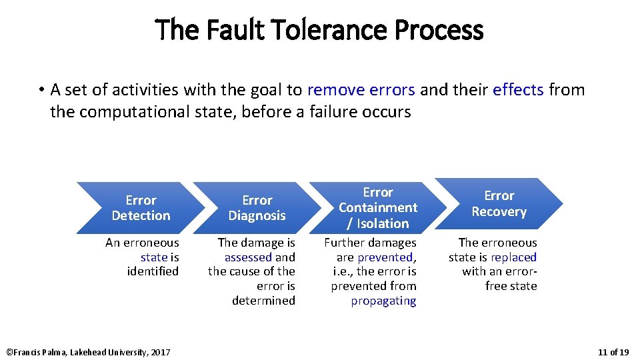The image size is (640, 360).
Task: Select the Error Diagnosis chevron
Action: coord(257,207)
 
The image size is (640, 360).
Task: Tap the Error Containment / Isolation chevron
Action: coord(377,207)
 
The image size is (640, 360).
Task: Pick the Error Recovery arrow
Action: coord(499,203)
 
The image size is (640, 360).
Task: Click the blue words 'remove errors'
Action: coord(361,89)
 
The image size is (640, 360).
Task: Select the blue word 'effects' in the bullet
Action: coord(518,89)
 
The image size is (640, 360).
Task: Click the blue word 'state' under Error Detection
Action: coord(154,257)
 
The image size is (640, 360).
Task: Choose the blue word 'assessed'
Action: coord(248,257)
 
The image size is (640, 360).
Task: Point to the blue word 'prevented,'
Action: coord(387,257)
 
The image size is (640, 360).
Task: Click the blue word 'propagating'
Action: coord(383,301)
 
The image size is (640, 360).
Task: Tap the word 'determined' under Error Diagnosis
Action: coord(263,301)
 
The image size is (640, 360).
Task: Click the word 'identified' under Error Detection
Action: coord(153,271)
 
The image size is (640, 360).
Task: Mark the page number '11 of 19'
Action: coord(613,352)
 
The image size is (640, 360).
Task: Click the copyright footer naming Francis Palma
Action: coord(88,352)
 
